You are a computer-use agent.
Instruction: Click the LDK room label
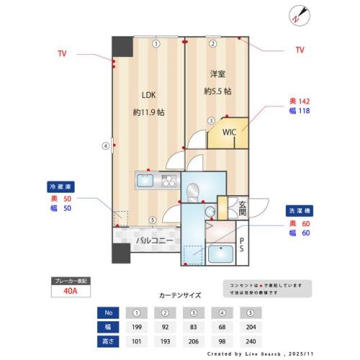[148, 94]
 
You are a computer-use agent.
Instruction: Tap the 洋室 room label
[217, 75]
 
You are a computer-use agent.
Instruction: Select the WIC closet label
[229, 132]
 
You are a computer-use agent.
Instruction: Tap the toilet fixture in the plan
[193, 192]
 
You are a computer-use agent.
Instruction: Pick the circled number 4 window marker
[106, 145]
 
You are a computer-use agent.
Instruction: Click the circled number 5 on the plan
[151, 220]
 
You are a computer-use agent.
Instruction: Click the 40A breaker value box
[71, 292]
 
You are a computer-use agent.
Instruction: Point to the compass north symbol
[297, 16]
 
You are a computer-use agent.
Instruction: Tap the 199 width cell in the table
[136, 327]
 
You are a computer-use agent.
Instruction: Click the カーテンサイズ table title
[179, 295]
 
